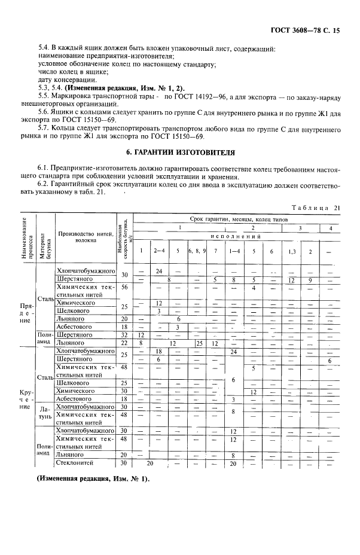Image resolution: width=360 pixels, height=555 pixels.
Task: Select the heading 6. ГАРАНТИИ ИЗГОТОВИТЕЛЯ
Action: (180, 153)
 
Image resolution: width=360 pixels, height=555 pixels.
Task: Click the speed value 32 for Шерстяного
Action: (125, 335)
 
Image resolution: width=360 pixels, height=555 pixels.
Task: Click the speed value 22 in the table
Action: (125, 343)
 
